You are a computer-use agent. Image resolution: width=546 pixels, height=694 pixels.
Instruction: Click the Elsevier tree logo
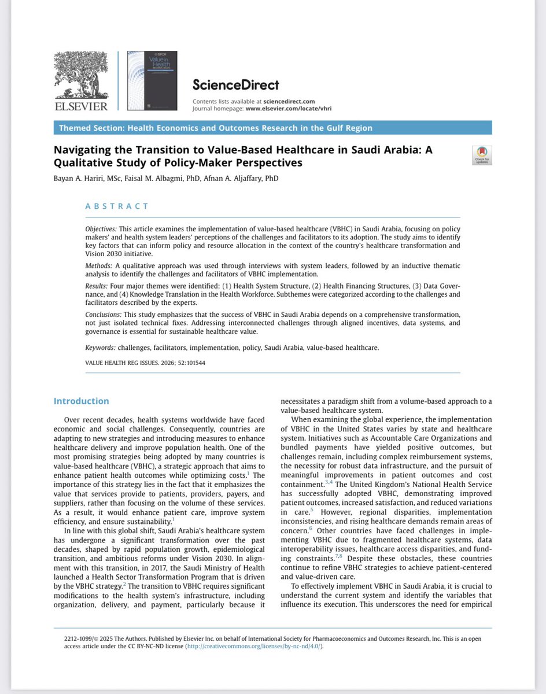80,75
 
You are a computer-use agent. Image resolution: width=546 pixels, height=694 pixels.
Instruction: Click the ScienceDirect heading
235,85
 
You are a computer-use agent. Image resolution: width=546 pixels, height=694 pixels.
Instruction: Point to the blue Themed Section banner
272,128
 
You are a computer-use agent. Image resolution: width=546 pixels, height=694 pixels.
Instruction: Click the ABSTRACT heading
117,206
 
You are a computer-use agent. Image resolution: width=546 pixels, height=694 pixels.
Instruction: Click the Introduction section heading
81,401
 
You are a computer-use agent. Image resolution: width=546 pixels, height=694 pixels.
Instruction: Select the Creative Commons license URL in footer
253,646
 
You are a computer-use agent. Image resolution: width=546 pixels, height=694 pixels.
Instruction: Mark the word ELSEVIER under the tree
81,106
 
